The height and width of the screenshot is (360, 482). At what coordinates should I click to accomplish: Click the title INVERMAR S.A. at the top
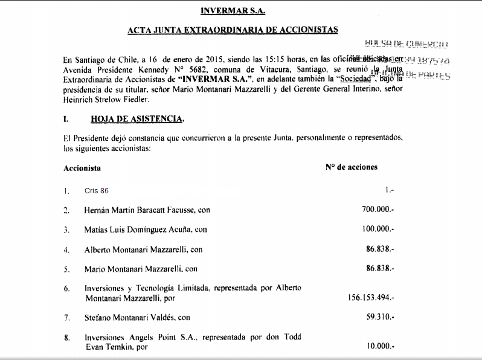(232, 10)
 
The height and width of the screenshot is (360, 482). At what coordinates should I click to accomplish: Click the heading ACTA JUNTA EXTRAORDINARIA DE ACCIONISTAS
(233, 30)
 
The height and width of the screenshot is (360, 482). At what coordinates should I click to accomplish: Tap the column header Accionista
(82, 167)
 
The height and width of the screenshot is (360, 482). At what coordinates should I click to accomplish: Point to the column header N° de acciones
(351, 167)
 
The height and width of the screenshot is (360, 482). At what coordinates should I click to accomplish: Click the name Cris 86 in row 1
(97, 191)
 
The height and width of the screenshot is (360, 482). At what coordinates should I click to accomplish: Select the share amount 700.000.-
(378, 210)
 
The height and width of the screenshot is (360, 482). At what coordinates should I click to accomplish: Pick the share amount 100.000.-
(378, 230)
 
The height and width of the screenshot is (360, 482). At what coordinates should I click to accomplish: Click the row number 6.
(66, 288)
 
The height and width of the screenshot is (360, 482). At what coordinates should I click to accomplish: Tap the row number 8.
(66, 337)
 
